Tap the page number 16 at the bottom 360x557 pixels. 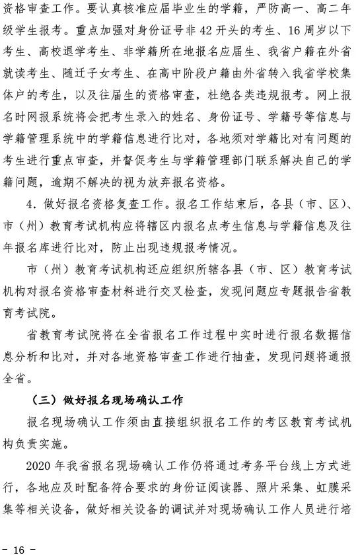(x=18, y=550)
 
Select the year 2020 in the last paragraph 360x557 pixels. (x=39, y=464)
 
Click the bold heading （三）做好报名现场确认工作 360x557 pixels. (x=106, y=400)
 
